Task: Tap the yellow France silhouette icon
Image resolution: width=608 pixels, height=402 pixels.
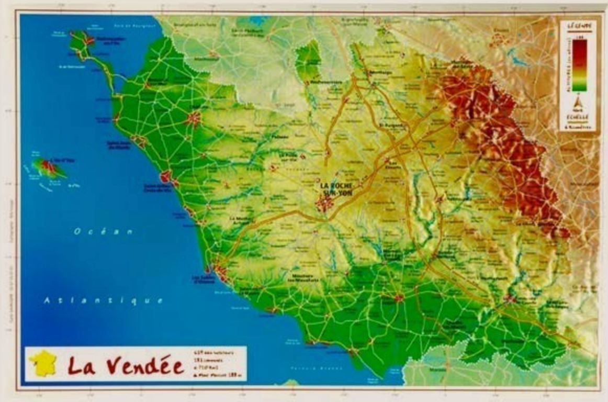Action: [43, 363]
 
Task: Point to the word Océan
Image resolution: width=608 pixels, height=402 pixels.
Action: [104, 231]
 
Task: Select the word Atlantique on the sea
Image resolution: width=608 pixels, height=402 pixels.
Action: [103, 300]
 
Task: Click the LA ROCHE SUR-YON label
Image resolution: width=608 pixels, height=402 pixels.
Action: [336, 189]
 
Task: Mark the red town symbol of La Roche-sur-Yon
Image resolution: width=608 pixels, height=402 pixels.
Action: [325, 203]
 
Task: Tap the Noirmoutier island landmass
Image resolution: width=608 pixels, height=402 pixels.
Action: [81, 42]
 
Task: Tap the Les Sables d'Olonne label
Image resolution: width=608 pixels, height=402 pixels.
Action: [204, 280]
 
